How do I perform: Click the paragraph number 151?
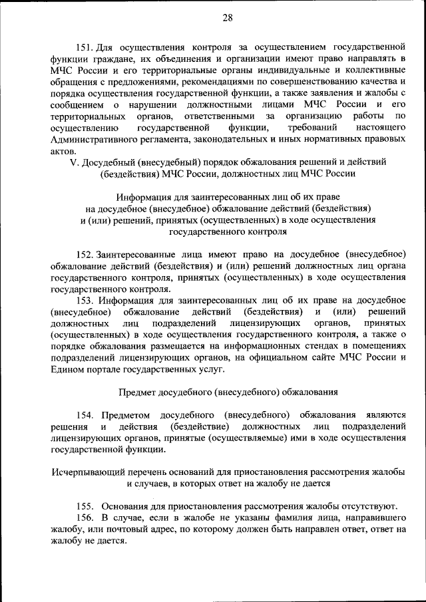point(85,47)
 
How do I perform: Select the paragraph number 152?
point(85,255)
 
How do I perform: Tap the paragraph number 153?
point(85,300)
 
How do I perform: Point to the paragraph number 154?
point(85,415)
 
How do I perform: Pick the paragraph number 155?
point(85,505)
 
